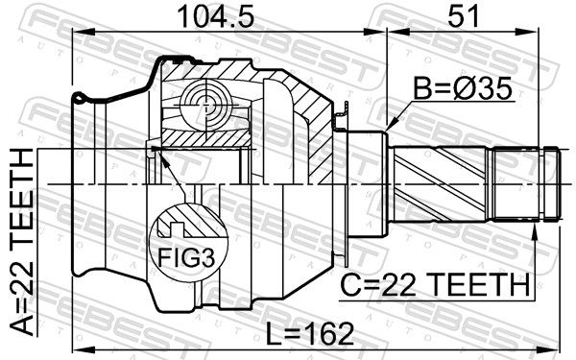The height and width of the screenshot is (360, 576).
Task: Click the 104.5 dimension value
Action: [216, 16]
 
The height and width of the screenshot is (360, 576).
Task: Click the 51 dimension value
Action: [464, 16]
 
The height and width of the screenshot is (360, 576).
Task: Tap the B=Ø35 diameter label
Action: [463, 88]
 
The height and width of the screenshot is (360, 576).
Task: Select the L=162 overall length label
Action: [310, 333]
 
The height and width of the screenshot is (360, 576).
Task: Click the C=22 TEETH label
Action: [435, 285]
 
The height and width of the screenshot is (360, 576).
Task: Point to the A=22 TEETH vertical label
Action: [21, 242]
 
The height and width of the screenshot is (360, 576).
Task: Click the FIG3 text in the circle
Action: [186, 257]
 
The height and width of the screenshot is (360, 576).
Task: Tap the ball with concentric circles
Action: [206, 105]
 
